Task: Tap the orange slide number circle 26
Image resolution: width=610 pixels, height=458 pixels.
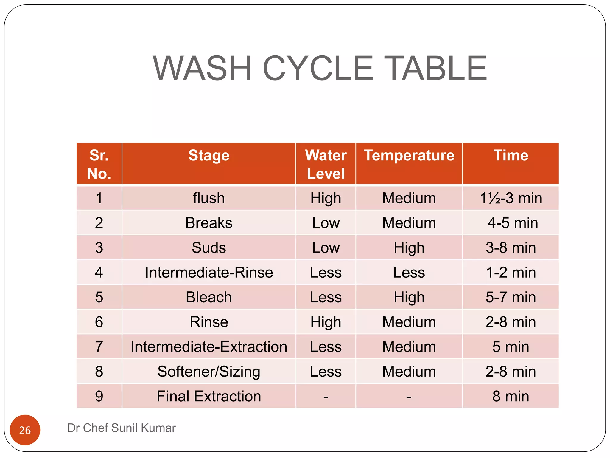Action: click(25, 430)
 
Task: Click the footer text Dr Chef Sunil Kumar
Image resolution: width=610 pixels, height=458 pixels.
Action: click(122, 428)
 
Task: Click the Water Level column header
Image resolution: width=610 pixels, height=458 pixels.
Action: click(326, 164)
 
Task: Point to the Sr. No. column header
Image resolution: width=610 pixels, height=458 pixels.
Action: click(99, 164)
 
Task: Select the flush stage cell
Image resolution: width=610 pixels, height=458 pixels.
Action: click(209, 198)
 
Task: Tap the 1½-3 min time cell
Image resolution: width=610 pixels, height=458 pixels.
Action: click(511, 198)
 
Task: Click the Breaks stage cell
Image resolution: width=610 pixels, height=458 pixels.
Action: click(209, 223)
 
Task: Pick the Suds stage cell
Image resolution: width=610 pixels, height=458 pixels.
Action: click(209, 248)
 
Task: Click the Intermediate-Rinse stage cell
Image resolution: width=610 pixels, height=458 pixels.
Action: click(209, 273)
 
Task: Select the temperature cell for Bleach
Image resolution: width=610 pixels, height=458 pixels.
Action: click(409, 297)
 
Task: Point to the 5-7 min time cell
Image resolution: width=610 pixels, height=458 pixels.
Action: click(511, 297)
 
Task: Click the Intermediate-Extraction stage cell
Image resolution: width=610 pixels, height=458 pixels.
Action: click(209, 347)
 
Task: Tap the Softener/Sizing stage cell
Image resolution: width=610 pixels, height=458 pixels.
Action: click(209, 372)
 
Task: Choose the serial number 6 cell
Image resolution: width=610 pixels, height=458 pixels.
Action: click(99, 322)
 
